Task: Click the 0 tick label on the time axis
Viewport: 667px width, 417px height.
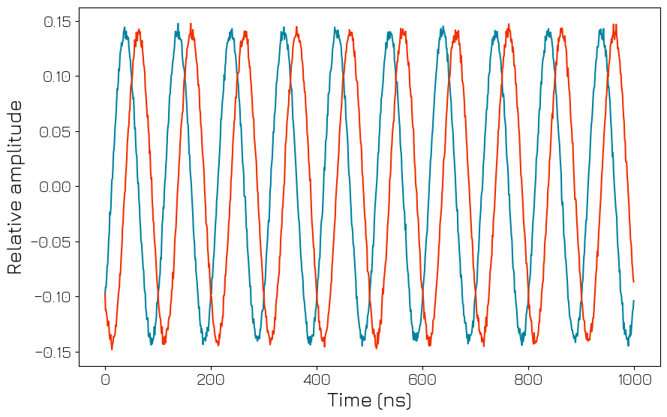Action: point(105,379)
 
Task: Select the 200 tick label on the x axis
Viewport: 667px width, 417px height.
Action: point(211,379)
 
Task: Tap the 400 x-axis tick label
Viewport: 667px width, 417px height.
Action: point(317,379)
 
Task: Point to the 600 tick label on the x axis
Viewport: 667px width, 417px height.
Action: point(422,379)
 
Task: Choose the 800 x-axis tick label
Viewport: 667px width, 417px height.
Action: point(528,379)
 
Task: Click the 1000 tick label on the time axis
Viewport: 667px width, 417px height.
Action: point(634,379)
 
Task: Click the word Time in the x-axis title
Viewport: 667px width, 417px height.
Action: point(348,400)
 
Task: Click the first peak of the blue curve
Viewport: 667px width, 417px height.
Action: point(125,28)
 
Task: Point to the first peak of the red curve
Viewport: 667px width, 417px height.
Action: point(139,30)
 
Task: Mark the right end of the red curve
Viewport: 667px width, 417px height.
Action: point(634,282)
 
